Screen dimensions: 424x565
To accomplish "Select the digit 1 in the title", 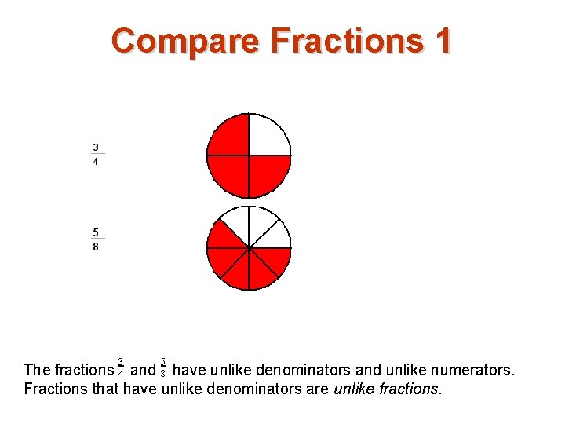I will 443,40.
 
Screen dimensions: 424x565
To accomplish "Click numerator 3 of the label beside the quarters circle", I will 96,147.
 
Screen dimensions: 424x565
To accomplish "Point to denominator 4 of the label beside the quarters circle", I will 96,162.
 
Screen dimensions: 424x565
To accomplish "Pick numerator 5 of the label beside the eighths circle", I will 96,232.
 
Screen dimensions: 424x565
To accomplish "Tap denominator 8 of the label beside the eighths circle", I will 96,247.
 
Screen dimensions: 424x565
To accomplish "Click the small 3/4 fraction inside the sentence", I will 121,367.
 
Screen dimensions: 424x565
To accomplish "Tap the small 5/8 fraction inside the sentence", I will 163,367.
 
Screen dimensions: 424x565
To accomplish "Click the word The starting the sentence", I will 38,369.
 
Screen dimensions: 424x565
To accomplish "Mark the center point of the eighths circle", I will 249,248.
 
